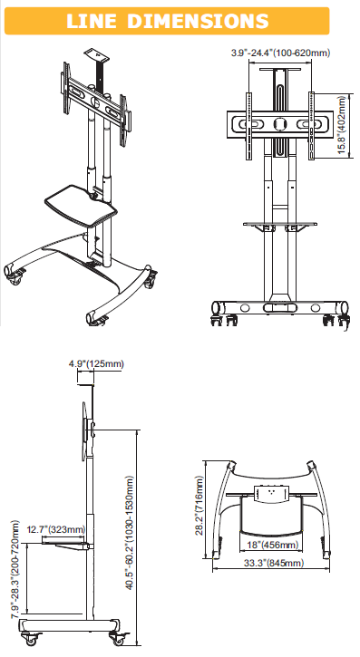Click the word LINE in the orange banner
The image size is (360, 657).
pyautogui.click(x=92, y=21)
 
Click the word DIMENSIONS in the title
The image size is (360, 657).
pyautogui.click(x=198, y=21)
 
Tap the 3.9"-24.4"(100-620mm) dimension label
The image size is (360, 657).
pyautogui.click(x=280, y=53)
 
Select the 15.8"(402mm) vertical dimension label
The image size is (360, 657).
pyautogui.click(x=343, y=125)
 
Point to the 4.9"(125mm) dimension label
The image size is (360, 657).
pyautogui.click(x=96, y=363)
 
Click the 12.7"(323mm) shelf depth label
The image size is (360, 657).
pyautogui.click(x=55, y=529)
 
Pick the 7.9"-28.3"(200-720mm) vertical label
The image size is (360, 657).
pyautogui.click(x=15, y=569)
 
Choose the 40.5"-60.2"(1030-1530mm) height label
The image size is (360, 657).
pyautogui.click(x=130, y=533)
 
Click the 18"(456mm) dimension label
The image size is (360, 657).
pyautogui.click(x=272, y=545)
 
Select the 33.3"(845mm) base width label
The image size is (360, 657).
pyautogui.click(x=274, y=563)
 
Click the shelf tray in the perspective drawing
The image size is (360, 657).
pyautogui.click(x=81, y=205)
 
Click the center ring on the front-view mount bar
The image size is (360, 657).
pyautogui.click(x=279, y=124)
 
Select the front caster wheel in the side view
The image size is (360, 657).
pyautogui.click(x=31, y=640)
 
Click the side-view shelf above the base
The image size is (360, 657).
pyautogui.click(x=66, y=544)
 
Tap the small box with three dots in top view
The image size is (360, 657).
pyautogui.click(x=271, y=493)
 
